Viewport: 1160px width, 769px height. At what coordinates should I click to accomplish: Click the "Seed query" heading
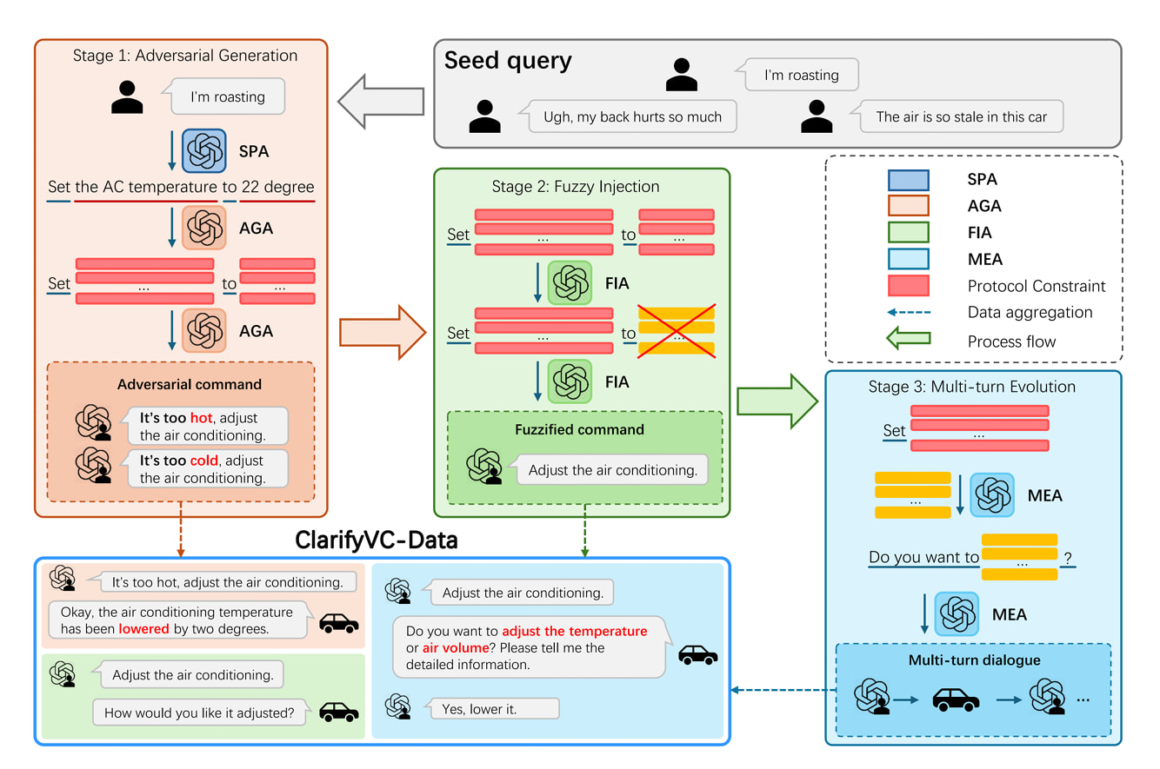[508, 61]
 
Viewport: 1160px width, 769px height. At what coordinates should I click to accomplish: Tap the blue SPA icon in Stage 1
[204, 151]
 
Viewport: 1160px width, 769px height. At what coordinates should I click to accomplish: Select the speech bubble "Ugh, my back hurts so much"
[632, 116]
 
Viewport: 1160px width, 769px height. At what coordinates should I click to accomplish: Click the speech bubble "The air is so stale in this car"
[961, 116]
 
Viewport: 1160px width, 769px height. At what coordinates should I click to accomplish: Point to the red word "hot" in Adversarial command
[201, 417]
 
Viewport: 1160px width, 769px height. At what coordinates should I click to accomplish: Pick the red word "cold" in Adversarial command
[204, 460]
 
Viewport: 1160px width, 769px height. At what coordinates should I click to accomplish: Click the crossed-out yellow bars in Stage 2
[677, 332]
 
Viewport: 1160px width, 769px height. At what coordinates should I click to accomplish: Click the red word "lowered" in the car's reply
[144, 628]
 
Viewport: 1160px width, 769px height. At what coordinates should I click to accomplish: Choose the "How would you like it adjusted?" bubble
[199, 713]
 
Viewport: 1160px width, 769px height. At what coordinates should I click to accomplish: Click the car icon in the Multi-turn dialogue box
[955, 699]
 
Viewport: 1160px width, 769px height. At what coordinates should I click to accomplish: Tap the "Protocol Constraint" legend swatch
[908, 286]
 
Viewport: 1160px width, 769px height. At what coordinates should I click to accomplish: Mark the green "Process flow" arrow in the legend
[908, 341]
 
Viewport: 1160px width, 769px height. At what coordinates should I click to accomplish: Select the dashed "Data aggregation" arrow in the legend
[908, 313]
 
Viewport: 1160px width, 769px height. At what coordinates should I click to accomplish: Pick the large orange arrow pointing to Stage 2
[382, 331]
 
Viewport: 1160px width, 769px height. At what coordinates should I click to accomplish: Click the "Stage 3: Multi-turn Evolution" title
[972, 387]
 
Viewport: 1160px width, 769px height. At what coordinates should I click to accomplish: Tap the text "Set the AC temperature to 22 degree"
[181, 187]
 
